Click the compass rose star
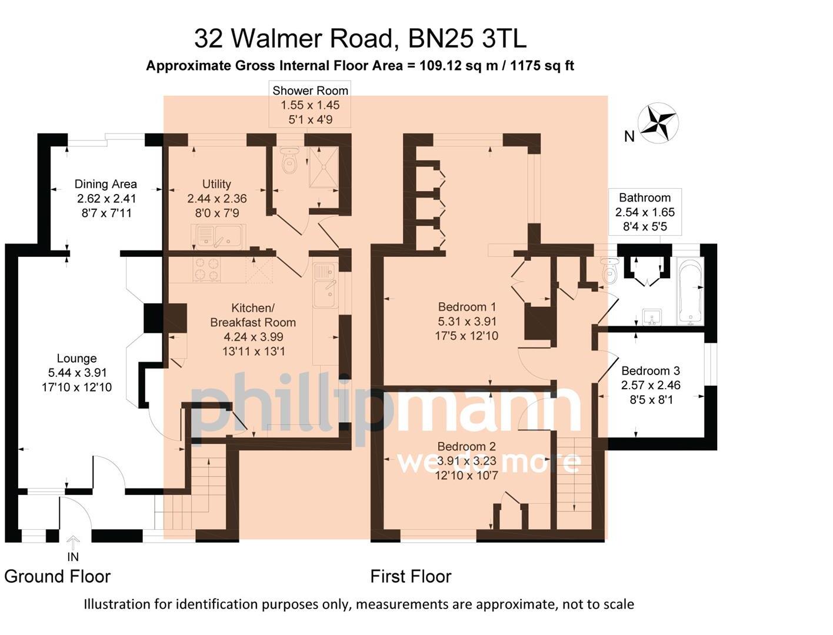(658, 124)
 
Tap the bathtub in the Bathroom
(690, 290)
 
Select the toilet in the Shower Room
(290, 160)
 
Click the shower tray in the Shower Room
(324, 168)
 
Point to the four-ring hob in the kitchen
(207, 269)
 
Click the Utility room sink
(218, 237)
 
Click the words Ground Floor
(57, 577)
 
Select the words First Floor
(411, 577)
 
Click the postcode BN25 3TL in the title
(468, 38)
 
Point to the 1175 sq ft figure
(542, 66)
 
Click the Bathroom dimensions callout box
(645, 212)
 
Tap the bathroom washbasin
(652, 317)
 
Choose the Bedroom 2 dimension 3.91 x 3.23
(467, 461)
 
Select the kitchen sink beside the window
(326, 285)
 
